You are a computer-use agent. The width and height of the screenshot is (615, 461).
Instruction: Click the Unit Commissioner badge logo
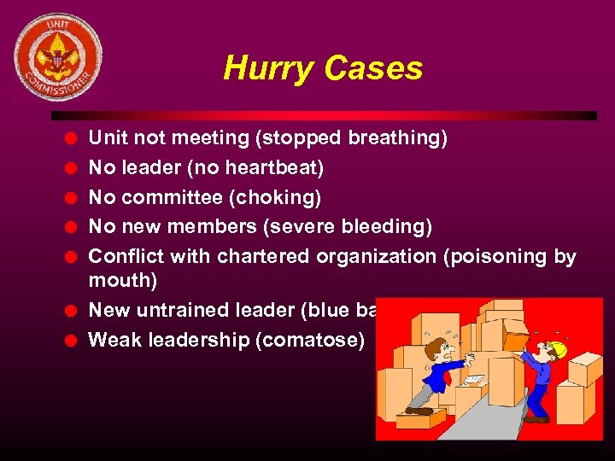coord(58,57)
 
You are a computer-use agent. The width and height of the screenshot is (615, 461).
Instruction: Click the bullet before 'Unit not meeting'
coord(73,137)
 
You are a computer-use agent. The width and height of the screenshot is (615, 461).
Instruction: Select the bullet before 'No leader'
coord(73,167)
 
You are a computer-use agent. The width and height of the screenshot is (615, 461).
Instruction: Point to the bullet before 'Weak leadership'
coord(73,340)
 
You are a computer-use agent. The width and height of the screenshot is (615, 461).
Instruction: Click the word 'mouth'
coord(122,280)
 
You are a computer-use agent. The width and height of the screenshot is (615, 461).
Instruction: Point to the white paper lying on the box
coord(473,379)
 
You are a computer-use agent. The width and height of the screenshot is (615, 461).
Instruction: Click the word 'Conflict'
coord(126,256)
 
